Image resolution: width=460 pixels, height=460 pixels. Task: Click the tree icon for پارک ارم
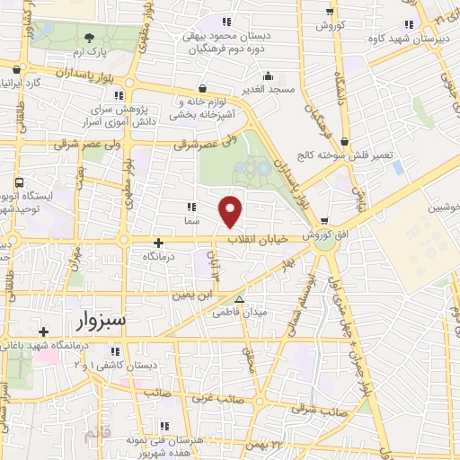89,38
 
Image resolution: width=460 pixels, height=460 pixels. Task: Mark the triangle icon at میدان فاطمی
238,300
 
